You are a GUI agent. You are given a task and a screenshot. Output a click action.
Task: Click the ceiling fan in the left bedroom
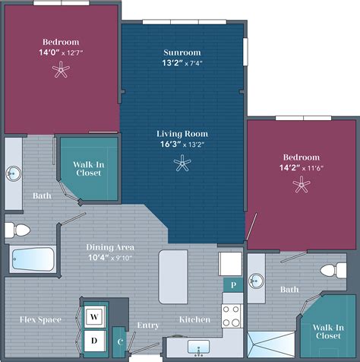click(60, 71)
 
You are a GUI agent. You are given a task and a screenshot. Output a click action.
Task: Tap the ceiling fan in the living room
click(182, 161)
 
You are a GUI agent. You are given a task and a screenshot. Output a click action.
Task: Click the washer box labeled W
click(94, 316)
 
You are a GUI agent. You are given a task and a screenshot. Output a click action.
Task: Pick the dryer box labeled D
click(94, 340)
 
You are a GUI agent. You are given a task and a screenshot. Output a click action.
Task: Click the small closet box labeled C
click(120, 341)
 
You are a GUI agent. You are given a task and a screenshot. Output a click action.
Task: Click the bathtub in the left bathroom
click(33, 260)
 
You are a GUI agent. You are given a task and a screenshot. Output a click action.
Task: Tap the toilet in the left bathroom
click(17, 230)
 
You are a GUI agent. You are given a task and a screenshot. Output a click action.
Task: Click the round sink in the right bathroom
click(257, 281)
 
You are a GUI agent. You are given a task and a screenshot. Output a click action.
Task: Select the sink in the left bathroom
click(13, 173)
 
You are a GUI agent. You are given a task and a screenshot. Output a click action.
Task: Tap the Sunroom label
click(182, 52)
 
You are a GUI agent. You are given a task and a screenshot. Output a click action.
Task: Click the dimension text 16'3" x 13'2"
click(182, 144)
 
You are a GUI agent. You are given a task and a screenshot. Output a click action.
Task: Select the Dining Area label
click(108, 247)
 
